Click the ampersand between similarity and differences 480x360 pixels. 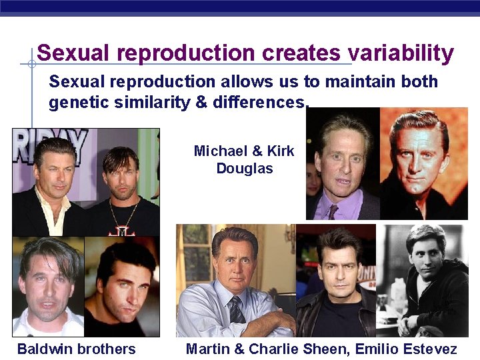point(201,103)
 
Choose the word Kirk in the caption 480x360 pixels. point(280,151)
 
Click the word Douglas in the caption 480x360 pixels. point(245,168)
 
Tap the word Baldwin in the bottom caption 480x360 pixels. point(44,349)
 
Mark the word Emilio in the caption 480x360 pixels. point(375,349)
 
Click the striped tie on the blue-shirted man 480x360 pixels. point(236,310)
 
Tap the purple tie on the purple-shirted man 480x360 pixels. point(333,211)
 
